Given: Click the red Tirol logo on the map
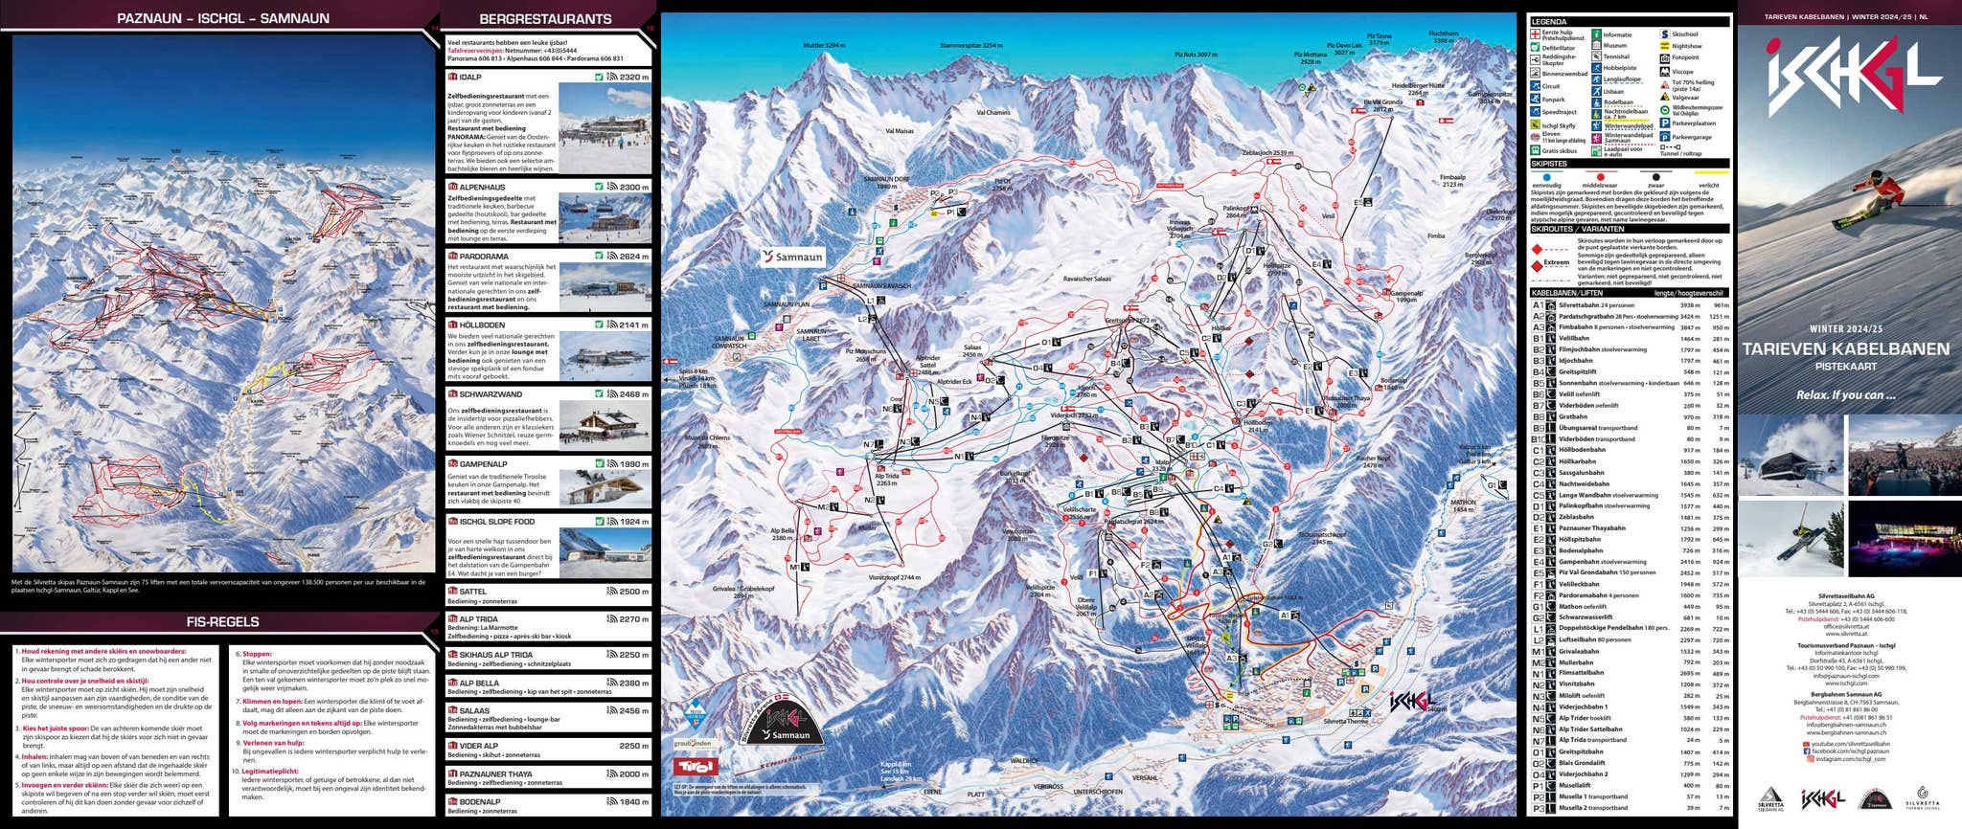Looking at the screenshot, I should tap(696, 767).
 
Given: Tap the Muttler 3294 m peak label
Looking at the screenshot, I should tap(824, 46).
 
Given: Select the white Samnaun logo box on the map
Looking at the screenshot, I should tap(792, 257).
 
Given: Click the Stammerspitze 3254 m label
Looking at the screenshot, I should tap(971, 45).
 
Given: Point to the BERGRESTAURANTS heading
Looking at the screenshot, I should tap(545, 19).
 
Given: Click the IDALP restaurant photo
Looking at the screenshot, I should tap(604, 128).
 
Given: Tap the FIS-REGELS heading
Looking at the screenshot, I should tap(222, 622).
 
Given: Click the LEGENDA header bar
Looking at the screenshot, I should tap(1628, 21).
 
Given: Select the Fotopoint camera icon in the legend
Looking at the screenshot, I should tap(1665, 57).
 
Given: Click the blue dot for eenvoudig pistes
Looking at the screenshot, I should tap(1546, 178).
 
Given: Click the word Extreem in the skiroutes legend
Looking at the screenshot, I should tap(1556, 262).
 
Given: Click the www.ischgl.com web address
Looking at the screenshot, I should tap(1845, 683).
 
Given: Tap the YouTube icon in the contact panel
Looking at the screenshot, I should tap(1806, 744).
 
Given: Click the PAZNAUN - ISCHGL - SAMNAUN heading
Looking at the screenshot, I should tap(222, 18).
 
